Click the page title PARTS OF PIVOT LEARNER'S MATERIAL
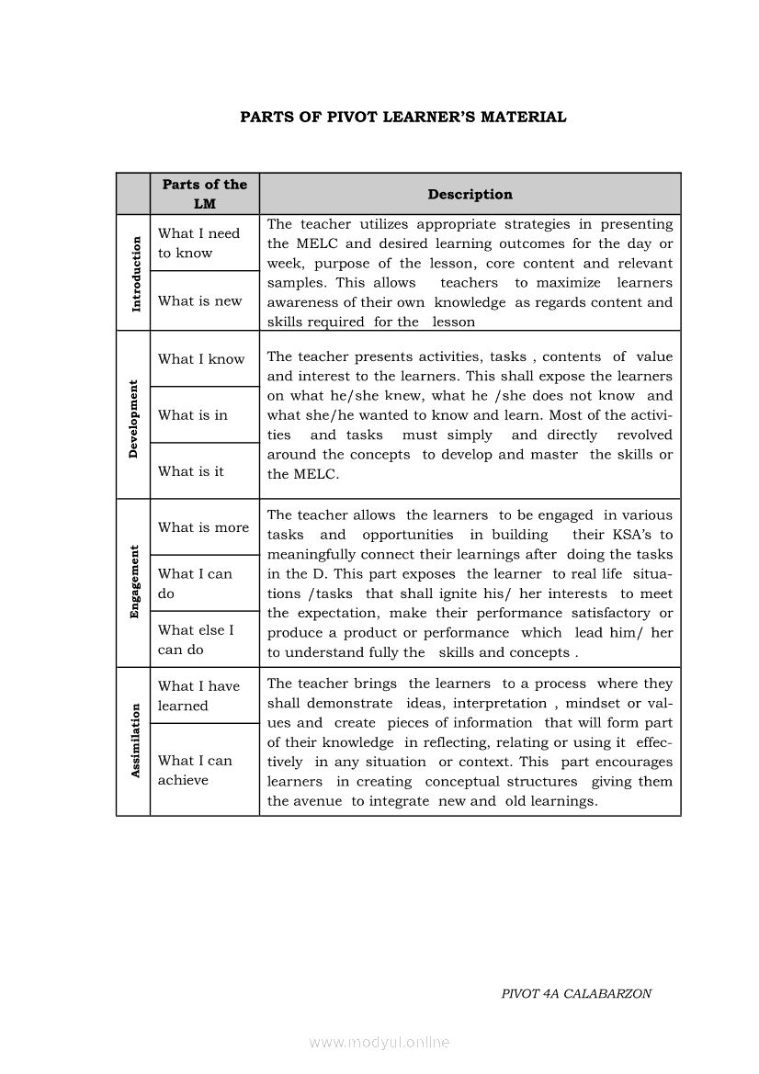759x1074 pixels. pyautogui.click(x=403, y=117)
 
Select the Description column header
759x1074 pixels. pyautogui.click(x=470, y=194)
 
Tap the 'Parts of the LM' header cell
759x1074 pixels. pyautogui.click(x=204, y=194)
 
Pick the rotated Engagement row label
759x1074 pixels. pyautogui.click(x=134, y=582)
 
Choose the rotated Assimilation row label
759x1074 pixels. pyautogui.click(x=134, y=740)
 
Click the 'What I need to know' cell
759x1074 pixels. pyautogui.click(x=198, y=243)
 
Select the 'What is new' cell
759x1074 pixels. pyautogui.click(x=199, y=300)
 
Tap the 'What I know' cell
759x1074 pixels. pyautogui.click(x=201, y=359)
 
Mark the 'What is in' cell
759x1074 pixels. pyautogui.click(x=193, y=415)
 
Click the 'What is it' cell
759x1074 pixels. pyautogui.click(x=191, y=471)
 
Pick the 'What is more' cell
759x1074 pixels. pyautogui.click(x=203, y=527)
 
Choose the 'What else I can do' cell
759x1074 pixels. pyautogui.click(x=196, y=639)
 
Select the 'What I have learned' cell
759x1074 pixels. pyautogui.click(x=198, y=695)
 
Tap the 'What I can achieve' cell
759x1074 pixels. pyautogui.click(x=195, y=770)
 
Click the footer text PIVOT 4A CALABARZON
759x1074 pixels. pyautogui.click(x=576, y=994)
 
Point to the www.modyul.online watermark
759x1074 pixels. pyautogui.click(x=379, y=1043)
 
